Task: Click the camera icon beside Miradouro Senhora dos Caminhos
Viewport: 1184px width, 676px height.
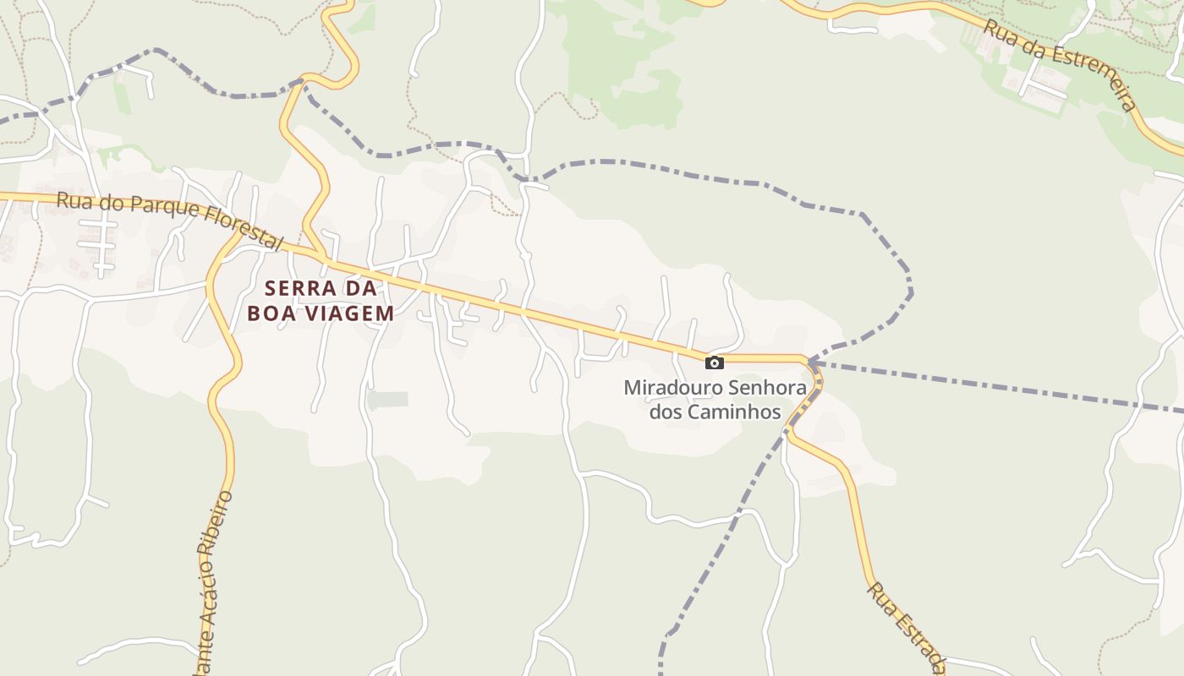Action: pyautogui.click(x=715, y=363)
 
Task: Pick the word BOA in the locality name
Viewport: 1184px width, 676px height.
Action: pyautogui.click(x=272, y=313)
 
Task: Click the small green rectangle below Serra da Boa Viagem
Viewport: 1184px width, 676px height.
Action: pyautogui.click(x=388, y=400)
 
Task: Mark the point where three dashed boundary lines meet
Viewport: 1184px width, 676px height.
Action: pyautogui.click(x=809, y=363)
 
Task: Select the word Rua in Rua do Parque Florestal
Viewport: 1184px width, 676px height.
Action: pyautogui.click(x=71, y=202)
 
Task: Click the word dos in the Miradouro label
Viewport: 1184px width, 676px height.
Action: pyautogui.click(x=664, y=412)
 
